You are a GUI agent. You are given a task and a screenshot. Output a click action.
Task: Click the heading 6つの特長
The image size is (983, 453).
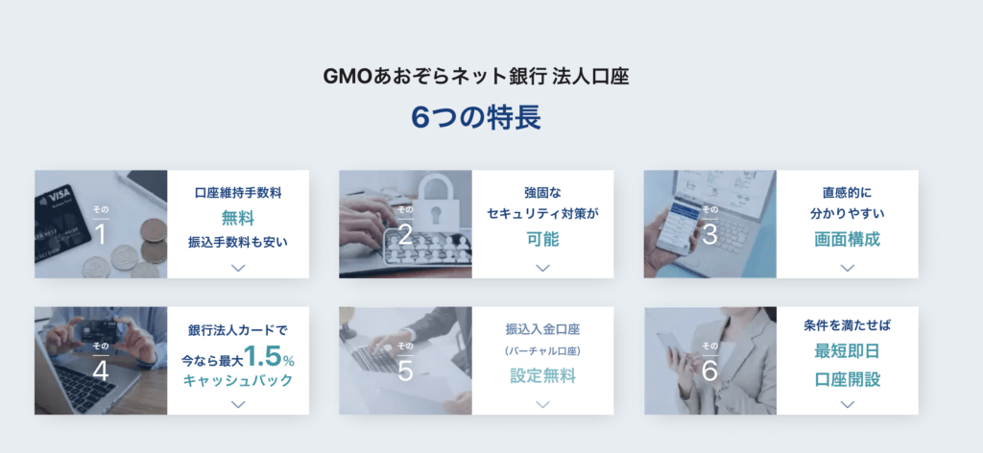tap(476, 117)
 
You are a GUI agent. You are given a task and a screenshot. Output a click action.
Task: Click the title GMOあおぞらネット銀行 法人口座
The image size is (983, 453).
tap(476, 77)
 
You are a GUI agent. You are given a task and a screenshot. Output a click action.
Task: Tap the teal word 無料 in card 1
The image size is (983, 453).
tap(238, 218)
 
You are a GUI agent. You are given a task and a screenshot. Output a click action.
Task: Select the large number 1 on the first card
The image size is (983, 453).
tap(100, 234)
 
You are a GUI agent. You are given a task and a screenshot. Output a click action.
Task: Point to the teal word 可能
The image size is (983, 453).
tap(543, 239)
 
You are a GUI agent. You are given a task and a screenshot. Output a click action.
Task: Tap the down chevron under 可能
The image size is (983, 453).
tap(543, 268)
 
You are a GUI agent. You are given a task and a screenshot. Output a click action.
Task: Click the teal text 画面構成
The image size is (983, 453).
tap(847, 239)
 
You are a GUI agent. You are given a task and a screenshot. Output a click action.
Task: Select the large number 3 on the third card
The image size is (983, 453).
tap(709, 234)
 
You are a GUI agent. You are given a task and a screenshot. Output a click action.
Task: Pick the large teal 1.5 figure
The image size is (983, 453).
tap(262, 356)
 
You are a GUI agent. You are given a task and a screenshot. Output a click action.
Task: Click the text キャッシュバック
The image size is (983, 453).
tap(238, 380)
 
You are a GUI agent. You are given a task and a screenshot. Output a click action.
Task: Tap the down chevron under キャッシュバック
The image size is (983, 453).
tap(238, 404)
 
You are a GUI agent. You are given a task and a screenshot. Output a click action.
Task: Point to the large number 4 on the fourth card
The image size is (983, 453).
tap(100, 370)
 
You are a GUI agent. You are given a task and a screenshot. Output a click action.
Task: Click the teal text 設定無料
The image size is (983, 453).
tap(543, 376)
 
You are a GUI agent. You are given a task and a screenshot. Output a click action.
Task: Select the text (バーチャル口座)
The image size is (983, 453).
tap(543, 351)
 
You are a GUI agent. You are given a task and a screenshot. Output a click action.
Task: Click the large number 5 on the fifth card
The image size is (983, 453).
tap(405, 370)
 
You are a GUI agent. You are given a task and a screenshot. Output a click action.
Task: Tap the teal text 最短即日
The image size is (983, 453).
tap(847, 351)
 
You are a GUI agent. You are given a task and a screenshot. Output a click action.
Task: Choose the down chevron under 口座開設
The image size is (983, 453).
tap(847, 404)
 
